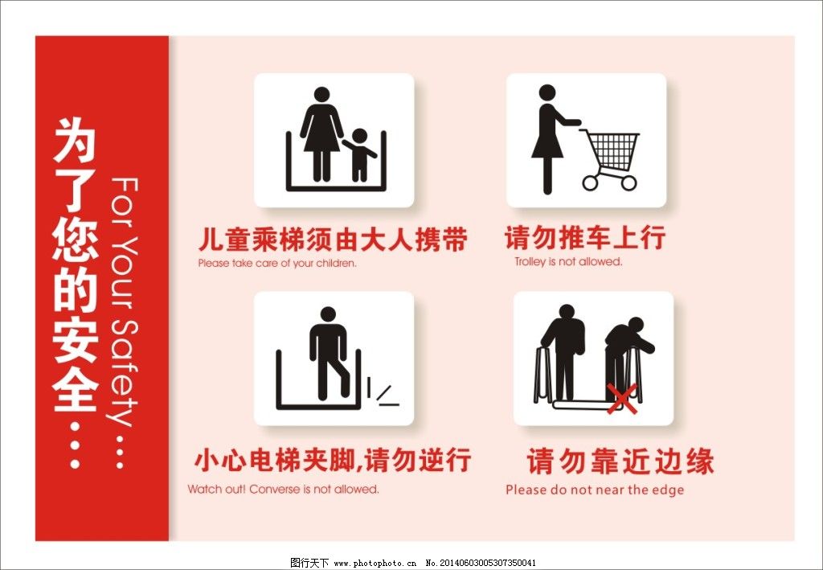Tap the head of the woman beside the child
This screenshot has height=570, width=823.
(321, 95)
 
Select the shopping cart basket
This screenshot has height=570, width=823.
(612, 149)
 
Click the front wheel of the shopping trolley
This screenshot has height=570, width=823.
(629, 182)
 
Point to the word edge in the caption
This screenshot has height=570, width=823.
(668, 490)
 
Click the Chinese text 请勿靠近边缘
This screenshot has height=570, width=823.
(620, 462)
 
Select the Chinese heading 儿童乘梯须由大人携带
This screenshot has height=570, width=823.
(333, 240)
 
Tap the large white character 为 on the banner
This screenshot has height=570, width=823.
(75, 143)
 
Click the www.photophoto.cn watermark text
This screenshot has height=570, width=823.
(375, 563)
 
